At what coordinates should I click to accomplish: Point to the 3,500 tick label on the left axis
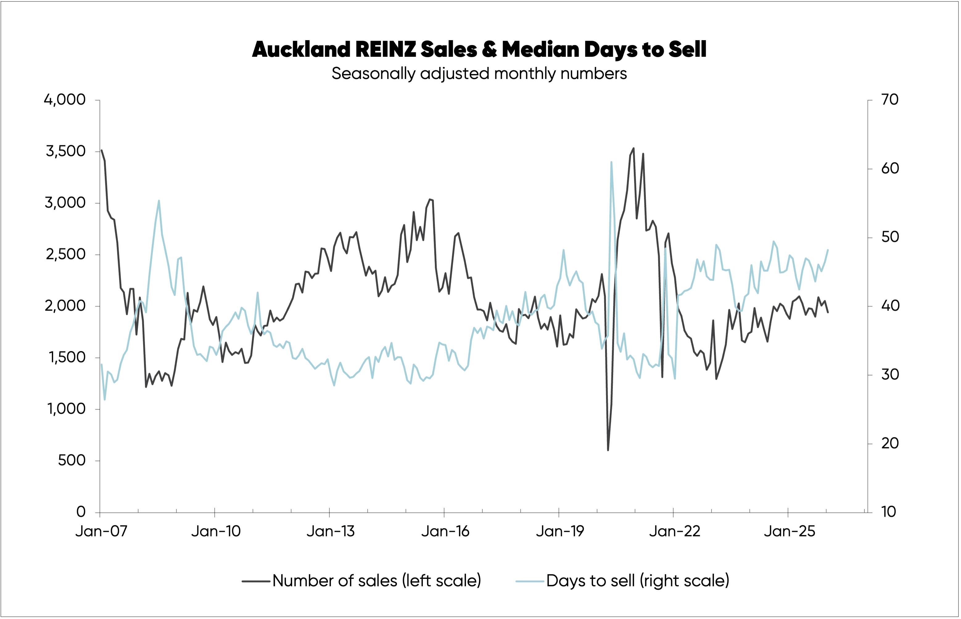pos(65,151)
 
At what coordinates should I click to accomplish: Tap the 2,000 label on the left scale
pos(65,306)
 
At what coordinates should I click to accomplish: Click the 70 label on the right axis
pos(890,100)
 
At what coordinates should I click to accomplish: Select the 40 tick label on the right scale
pos(890,306)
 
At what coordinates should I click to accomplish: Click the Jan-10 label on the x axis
pos(216,532)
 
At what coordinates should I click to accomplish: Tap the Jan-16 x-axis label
pos(445,532)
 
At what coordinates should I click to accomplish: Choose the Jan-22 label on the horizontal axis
pos(674,532)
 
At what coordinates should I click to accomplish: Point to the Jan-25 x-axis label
pos(790,532)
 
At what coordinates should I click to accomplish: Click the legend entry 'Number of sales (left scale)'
pos(376,581)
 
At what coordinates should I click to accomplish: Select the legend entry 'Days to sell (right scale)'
pos(637,581)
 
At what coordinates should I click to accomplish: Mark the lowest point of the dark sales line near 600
pos(608,450)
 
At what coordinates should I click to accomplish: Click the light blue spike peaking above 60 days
pos(611,163)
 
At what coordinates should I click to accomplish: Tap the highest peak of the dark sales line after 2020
pos(633,148)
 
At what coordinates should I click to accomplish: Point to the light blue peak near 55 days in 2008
pos(159,200)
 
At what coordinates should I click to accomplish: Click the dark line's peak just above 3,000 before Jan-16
pos(430,199)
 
